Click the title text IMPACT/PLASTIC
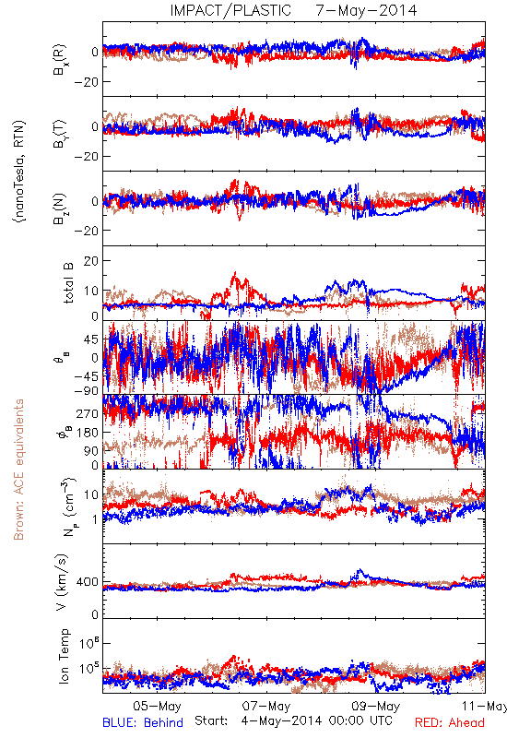[230, 10]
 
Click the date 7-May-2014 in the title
[366, 10]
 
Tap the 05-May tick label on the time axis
[157, 706]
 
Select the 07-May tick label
[266, 706]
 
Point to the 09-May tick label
[376, 706]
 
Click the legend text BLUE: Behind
[143, 722]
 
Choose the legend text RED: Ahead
[450, 722]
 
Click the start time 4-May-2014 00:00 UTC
[316, 720]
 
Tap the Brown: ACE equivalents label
[18, 470]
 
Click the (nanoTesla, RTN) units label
[19, 171]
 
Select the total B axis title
[68, 283]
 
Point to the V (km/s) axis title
[62, 582]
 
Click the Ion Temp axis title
[64, 656]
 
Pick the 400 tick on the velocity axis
[88, 582]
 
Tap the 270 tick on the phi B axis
[88, 413]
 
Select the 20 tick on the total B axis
[91, 261]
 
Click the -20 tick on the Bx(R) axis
[86, 82]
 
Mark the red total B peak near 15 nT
[235, 273]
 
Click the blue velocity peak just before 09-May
[360, 570]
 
